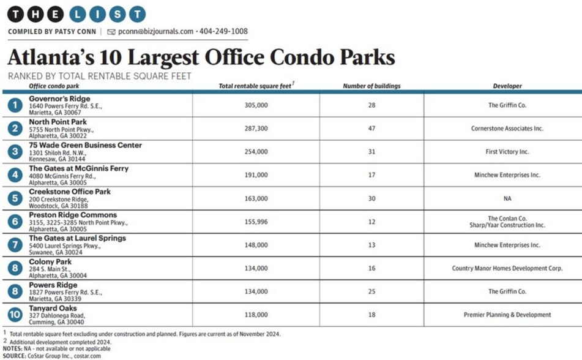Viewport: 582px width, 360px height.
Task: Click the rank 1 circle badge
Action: [x=14, y=105]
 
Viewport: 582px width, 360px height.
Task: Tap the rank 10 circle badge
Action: [x=14, y=315]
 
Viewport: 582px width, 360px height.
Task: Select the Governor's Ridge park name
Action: [x=59, y=99]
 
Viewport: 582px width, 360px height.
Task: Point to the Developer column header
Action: [x=507, y=86]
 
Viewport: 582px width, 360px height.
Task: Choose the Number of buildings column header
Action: [x=371, y=86]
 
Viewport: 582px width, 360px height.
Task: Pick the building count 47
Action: [x=371, y=129]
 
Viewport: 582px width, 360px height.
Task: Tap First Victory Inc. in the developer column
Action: [x=508, y=152]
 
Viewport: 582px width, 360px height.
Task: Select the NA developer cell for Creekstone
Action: [x=508, y=198]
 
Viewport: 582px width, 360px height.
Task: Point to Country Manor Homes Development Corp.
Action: [x=507, y=268]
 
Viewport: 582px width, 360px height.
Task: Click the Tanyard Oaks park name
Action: [x=53, y=309]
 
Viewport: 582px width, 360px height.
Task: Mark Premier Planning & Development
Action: [x=507, y=315]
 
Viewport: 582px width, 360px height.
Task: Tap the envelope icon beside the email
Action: [x=111, y=31]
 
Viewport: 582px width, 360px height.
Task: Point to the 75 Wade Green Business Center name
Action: [x=85, y=145]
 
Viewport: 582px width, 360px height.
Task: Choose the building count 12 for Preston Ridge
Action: [x=371, y=222]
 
